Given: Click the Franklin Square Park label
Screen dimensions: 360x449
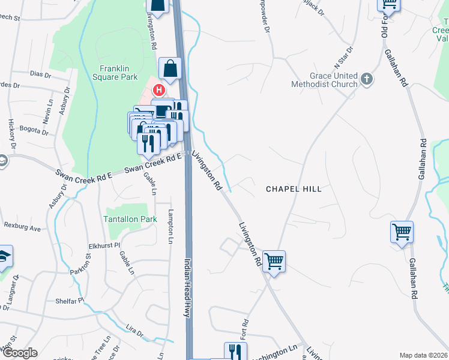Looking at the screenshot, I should click(x=119, y=73).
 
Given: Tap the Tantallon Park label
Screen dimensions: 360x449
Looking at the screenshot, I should click(x=130, y=219).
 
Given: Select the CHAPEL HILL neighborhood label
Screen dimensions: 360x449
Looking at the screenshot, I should click(x=294, y=189).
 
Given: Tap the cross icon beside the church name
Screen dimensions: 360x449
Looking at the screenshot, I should click(x=366, y=79).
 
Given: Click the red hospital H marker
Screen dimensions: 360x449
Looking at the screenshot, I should click(x=159, y=91).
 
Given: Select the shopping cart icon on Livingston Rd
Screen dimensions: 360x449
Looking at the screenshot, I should click(x=274, y=262).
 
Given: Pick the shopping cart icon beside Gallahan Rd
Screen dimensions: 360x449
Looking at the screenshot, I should click(x=402, y=231).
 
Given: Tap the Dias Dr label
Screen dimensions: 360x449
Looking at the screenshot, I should click(x=40, y=74).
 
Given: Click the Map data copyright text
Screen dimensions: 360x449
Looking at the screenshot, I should click(x=423, y=355).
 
